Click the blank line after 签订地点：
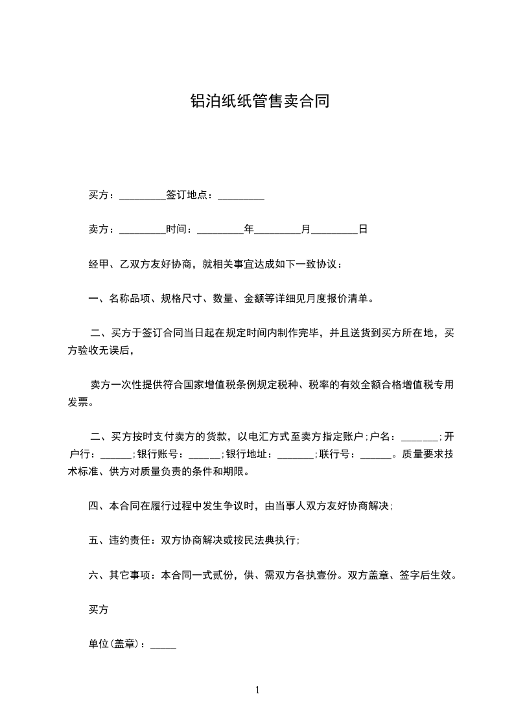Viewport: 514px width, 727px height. (240, 196)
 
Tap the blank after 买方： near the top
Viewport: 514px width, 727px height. (143, 196)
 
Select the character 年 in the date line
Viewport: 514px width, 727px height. (248, 229)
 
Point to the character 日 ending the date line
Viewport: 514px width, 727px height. (363, 229)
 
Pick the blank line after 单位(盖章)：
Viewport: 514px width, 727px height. (163, 646)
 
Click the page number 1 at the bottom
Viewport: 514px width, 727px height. (257, 691)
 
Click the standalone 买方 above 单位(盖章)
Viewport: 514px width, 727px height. (98, 610)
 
